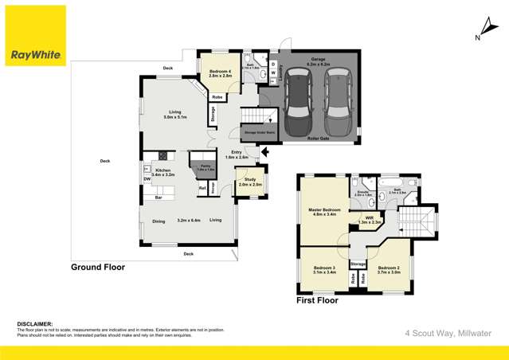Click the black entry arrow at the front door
(265, 151)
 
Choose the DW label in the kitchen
(147, 179)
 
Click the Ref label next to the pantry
(202, 188)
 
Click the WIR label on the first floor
(369, 219)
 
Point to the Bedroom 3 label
(323, 268)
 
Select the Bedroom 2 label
(389, 268)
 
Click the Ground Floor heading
(98, 268)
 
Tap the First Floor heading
(317, 300)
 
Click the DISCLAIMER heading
(34, 324)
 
